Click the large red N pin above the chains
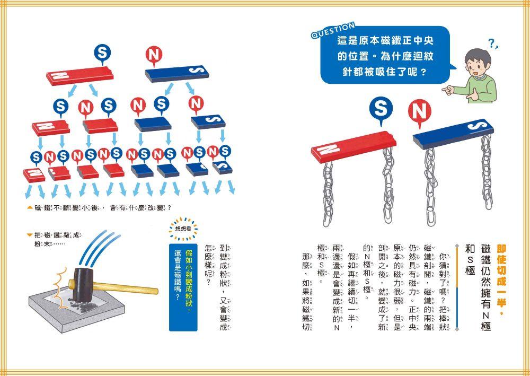click(x=419, y=113)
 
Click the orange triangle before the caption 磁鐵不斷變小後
click(x=30, y=206)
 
